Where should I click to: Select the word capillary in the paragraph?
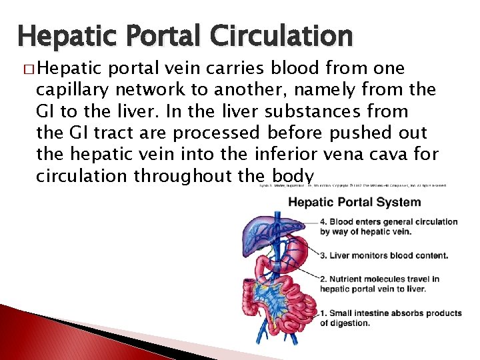pyautogui.click(x=74, y=89)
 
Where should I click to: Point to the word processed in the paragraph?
pyautogui.click(x=215, y=133)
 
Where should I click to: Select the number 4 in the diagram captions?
pyautogui.click(x=323, y=222)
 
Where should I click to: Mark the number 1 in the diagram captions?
pyautogui.click(x=323, y=313)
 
